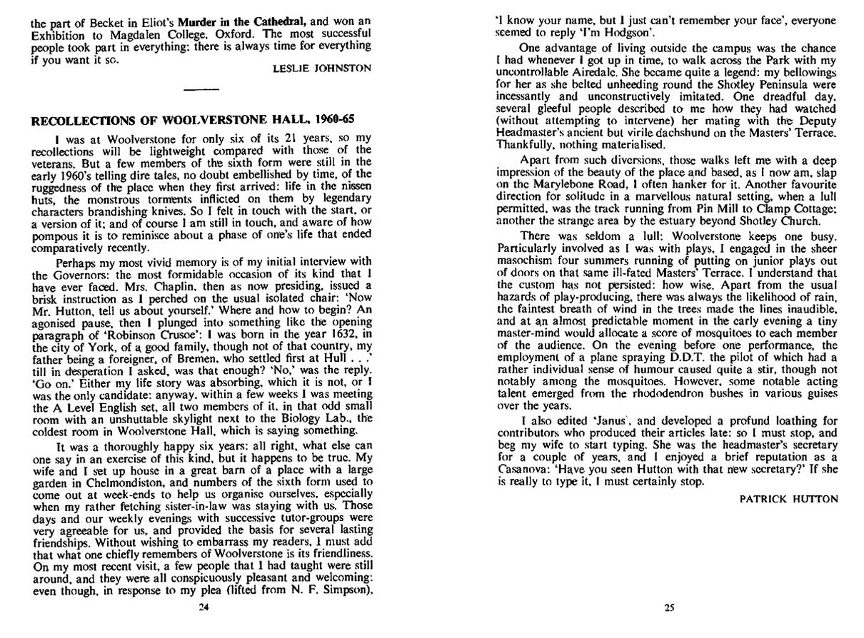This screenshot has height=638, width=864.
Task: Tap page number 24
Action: [203, 608]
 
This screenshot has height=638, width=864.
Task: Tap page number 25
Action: [669, 608]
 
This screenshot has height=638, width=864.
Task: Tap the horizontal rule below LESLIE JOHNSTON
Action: [203, 88]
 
